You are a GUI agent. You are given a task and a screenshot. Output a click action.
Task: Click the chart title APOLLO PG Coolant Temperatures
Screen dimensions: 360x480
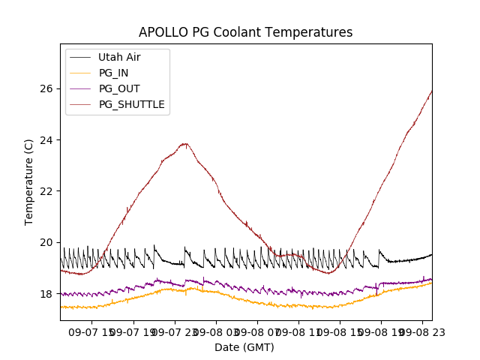[x=245, y=32]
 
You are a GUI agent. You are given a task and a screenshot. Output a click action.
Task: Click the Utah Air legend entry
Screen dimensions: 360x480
[x=118, y=57]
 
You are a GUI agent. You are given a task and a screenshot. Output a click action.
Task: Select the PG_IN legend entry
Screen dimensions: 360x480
[x=114, y=73]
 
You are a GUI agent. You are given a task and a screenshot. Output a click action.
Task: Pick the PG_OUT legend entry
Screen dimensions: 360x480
[x=118, y=88]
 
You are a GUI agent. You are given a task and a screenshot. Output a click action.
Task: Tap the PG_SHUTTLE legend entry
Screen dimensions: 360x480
[x=131, y=104]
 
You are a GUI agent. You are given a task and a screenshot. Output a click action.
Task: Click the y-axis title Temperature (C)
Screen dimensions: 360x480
[x=29, y=181]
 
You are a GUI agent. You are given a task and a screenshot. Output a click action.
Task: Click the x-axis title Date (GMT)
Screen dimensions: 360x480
[x=244, y=347]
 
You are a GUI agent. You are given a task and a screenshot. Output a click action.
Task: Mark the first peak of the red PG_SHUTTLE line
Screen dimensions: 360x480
[x=184, y=143]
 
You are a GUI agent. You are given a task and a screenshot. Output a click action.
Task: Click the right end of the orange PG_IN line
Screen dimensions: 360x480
[x=431, y=283]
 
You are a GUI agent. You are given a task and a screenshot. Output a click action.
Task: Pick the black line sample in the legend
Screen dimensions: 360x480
[x=80, y=57]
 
